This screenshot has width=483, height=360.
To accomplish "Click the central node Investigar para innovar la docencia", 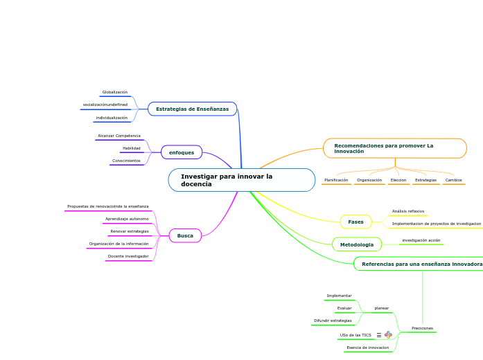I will tap(241, 180).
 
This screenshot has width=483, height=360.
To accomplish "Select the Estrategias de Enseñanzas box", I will tap(192, 109).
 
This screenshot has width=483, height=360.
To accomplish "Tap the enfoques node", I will tap(182, 152).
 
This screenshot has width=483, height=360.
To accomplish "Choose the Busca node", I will tap(185, 236).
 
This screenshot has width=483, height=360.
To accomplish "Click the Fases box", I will tap(355, 222).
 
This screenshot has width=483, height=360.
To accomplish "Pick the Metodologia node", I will tap(356, 244).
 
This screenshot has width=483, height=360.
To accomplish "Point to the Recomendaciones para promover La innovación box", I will tap(394, 148).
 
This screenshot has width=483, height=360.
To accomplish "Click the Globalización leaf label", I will tap(114, 92).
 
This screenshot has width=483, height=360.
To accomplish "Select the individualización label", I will tap(112, 118).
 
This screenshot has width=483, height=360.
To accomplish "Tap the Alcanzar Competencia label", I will tap(119, 136).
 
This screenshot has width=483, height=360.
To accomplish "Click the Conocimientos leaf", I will tap(126, 161).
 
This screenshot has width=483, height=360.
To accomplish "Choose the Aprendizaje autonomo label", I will tap(127, 219).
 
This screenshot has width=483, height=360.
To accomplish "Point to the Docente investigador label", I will tap(128, 256).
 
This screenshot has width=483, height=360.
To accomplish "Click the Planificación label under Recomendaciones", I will tap(336, 180).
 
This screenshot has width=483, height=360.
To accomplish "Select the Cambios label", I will tap(453, 180).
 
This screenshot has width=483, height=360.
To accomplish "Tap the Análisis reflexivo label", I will tap(408, 211).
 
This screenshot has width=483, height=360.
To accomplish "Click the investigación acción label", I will tap(421, 240).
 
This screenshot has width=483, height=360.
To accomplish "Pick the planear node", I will tap(381, 308).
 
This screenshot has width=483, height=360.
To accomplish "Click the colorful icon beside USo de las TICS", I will tap(388, 335).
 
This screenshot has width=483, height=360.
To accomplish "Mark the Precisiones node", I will tap(422, 328).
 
